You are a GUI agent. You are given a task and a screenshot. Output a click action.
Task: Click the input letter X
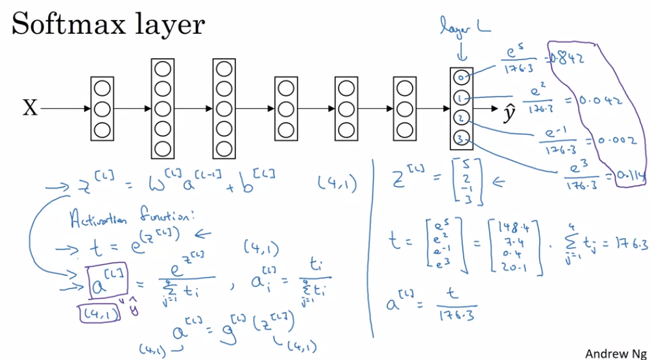pyautogui.click(x=30, y=108)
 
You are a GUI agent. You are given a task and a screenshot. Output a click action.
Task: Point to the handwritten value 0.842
pyautogui.click(x=568, y=60)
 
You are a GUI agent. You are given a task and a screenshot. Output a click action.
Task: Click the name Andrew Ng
pyautogui.click(x=614, y=353)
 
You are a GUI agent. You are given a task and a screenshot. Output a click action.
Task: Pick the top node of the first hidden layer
pyautogui.click(x=102, y=88)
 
